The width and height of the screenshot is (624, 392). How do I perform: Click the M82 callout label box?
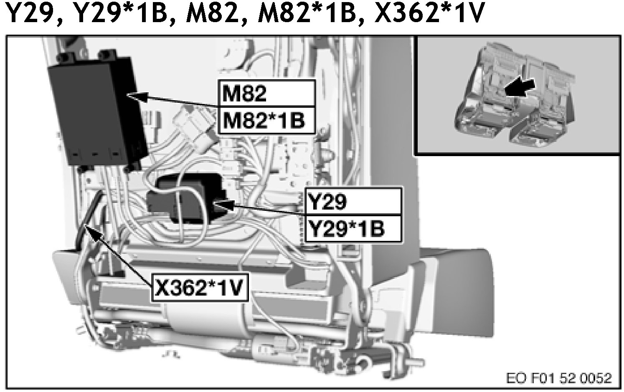[x=266, y=94]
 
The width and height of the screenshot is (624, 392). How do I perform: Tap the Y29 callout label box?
[x=353, y=202]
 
